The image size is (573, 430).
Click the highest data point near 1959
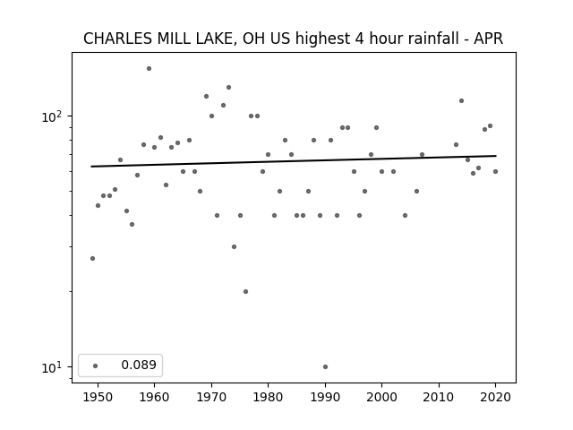pyautogui.click(x=149, y=68)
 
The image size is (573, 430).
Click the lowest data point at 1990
pyautogui.click(x=325, y=366)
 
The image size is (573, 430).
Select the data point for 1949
pyautogui.click(x=92, y=259)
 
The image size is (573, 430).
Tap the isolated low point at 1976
pyautogui.click(x=245, y=291)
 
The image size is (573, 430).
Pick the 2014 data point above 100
pyautogui.click(x=462, y=100)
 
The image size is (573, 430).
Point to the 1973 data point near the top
pyautogui.click(x=229, y=88)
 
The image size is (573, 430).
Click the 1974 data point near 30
pyautogui.click(x=234, y=247)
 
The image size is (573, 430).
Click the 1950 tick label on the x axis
pyautogui.click(x=98, y=397)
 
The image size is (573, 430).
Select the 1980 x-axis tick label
pyautogui.click(x=269, y=397)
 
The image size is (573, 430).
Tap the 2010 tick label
pyautogui.click(x=439, y=397)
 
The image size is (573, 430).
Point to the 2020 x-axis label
pyautogui.click(x=495, y=397)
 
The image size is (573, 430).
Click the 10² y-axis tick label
pyautogui.click(x=51, y=117)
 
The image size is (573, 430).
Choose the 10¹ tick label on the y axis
pyautogui.click(x=51, y=368)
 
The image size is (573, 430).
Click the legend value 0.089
pyautogui.click(x=139, y=365)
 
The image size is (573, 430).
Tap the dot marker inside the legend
pyautogui.click(x=96, y=365)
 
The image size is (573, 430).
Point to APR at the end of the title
pyautogui.click(x=489, y=39)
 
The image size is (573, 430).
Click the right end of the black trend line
pyautogui.click(x=496, y=156)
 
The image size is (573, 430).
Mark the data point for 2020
pyautogui.click(x=495, y=171)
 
